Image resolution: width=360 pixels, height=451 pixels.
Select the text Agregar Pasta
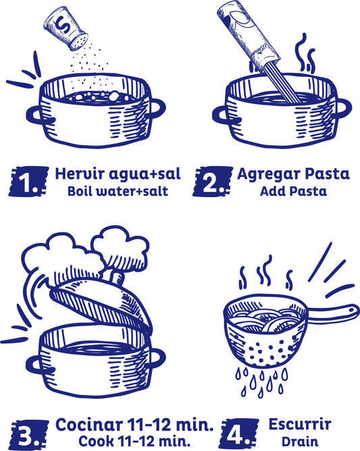click(x=293, y=174)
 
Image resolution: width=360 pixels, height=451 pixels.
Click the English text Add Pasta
click(x=293, y=191)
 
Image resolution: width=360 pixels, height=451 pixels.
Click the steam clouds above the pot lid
click(x=88, y=253)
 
